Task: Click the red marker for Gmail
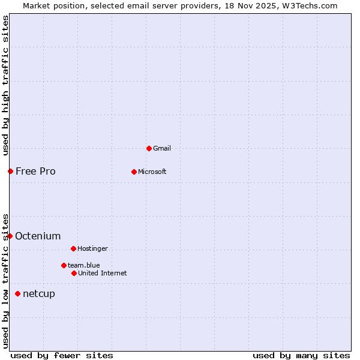[x=149, y=148]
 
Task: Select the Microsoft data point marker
[x=134, y=172]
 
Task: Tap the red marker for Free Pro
[x=10, y=171]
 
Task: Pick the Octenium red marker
[x=10, y=236]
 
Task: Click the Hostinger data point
[x=73, y=248]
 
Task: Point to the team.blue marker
[x=64, y=265]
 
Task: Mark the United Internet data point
[x=74, y=273]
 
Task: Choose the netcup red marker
[x=17, y=293]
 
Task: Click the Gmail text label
[x=162, y=148]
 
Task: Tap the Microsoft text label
[x=152, y=172]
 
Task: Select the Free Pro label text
[x=35, y=171]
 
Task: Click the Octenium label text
[x=38, y=236]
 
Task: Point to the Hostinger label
[x=92, y=248]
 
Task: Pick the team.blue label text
[x=83, y=265]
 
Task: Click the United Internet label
[x=102, y=273]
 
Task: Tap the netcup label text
[x=38, y=293]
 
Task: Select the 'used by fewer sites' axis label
[x=62, y=355]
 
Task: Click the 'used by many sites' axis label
[x=301, y=355]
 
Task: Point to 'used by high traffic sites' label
[x=5, y=85]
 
